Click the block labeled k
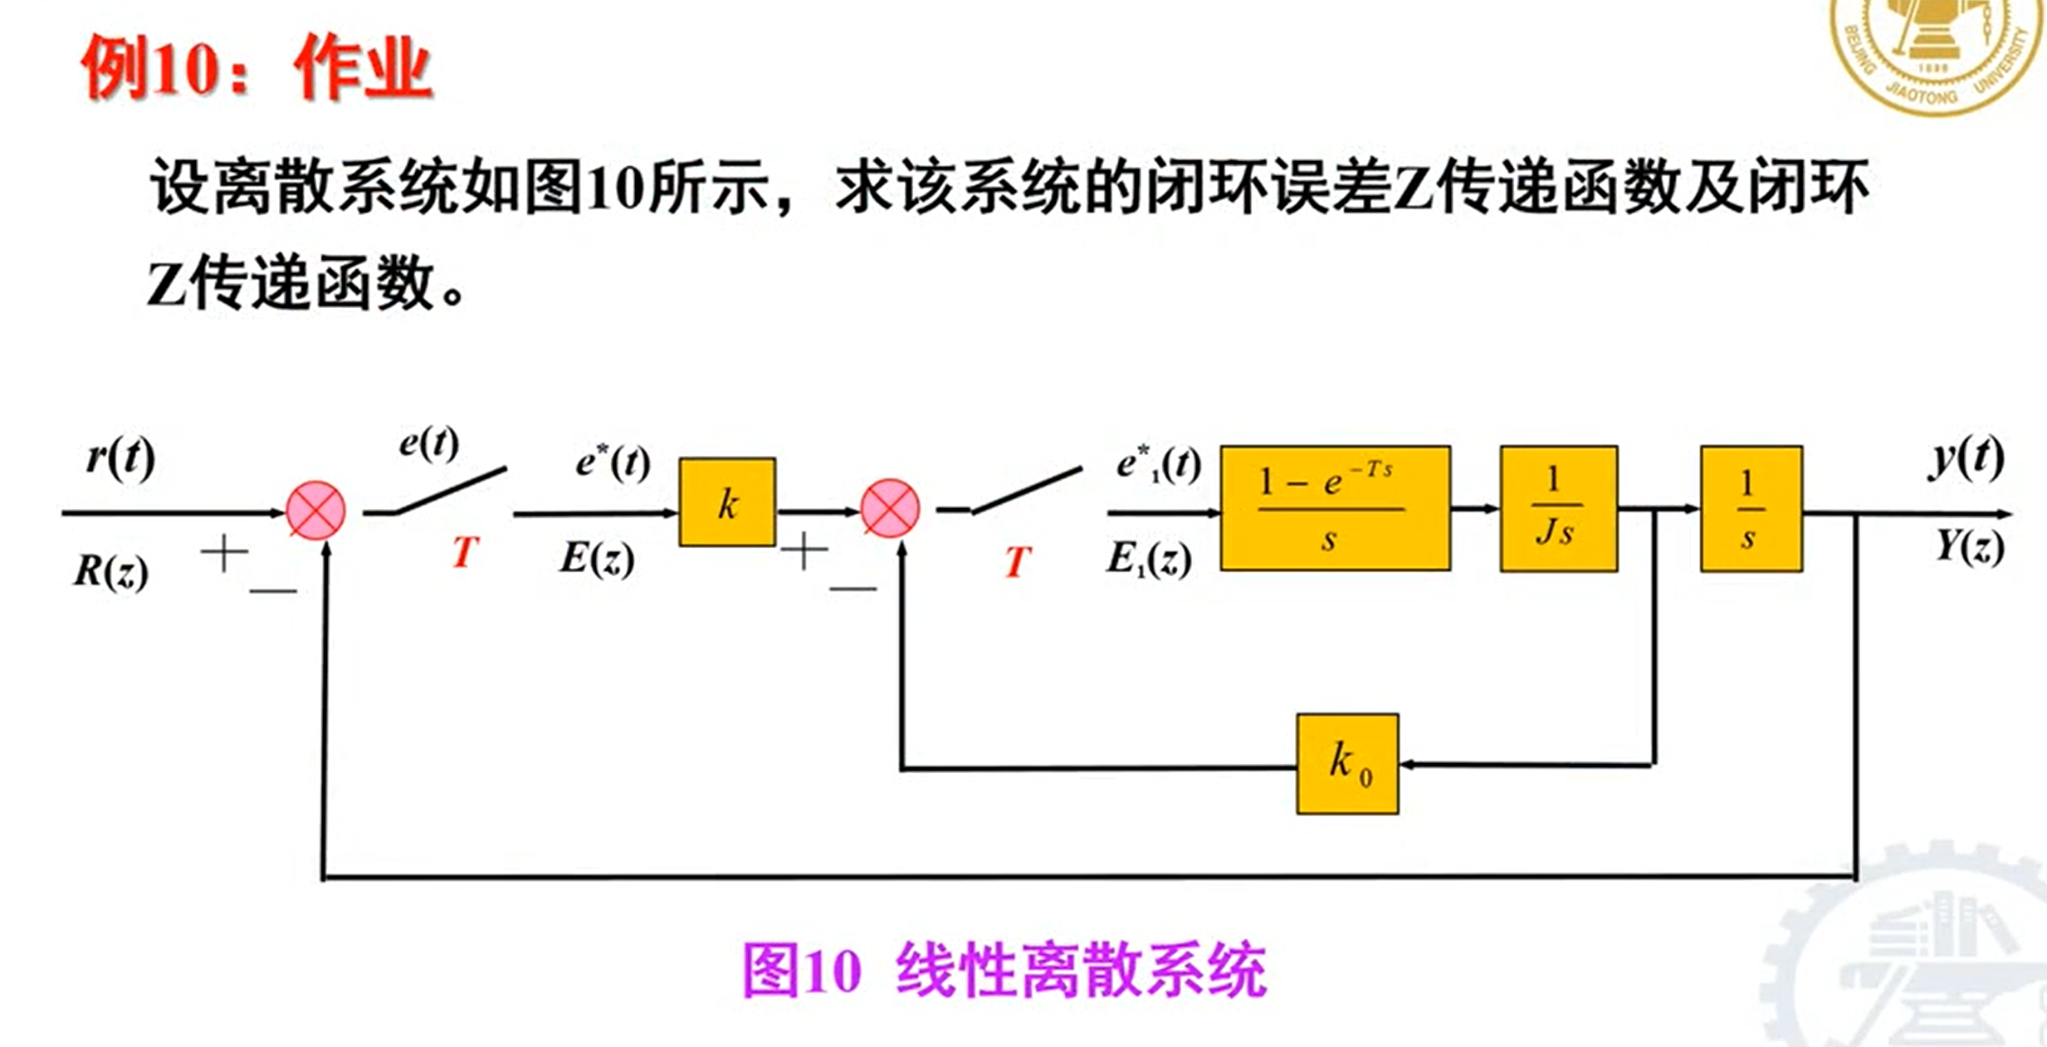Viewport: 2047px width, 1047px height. coord(726,502)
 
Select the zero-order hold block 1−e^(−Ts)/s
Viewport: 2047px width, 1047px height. coord(1335,508)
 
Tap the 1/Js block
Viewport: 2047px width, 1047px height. coord(1558,508)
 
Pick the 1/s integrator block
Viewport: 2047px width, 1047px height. coord(1751,508)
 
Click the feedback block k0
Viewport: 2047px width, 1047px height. coord(1347,764)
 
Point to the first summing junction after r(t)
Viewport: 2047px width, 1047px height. coord(315,510)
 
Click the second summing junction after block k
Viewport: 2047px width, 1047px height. coord(890,508)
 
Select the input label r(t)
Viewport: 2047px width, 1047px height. coord(120,457)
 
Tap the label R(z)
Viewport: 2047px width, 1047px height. coord(111,571)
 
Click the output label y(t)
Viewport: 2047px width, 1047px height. coord(1966,457)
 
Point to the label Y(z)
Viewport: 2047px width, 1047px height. coord(1969,548)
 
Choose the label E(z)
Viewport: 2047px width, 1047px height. coord(597,558)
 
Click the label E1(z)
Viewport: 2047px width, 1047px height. coord(1149,560)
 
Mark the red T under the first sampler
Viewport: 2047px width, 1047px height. coord(465,551)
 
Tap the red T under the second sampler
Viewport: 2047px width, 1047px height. coord(1018,561)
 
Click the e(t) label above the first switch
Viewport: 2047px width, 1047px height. coord(428,443)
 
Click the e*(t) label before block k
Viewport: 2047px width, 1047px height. coord(613,462)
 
